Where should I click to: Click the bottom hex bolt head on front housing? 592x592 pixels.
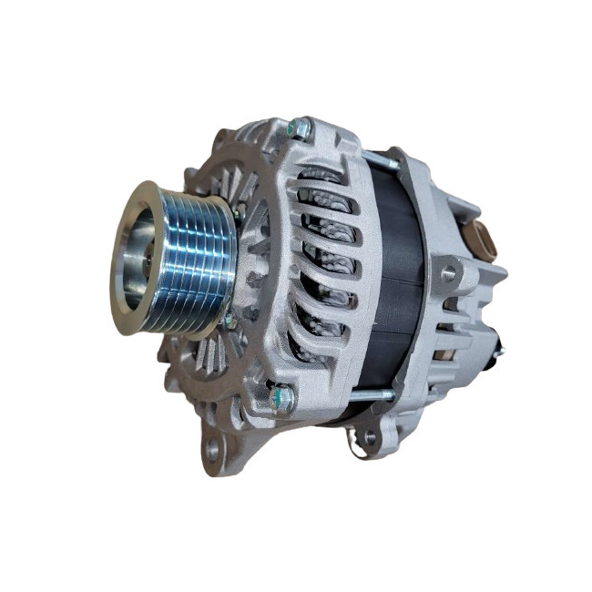click(283, 397)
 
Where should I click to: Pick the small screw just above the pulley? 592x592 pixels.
click(237, 213)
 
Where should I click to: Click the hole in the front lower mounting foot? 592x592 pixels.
click(212, 449)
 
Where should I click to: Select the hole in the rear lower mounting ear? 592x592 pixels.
click(369, 437)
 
